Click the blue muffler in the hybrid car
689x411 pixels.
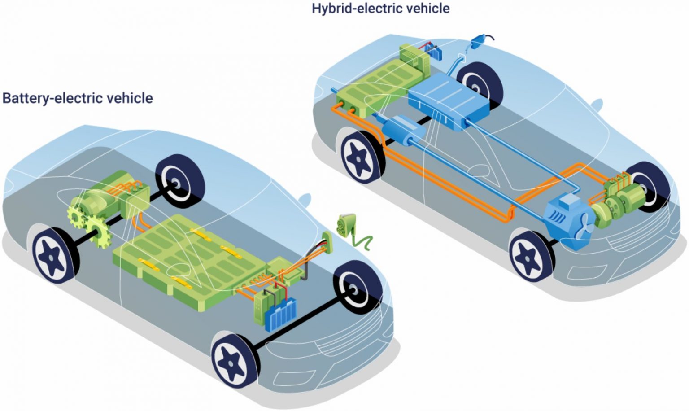coord(404,130)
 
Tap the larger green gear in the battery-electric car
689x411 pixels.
coord(100,231)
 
